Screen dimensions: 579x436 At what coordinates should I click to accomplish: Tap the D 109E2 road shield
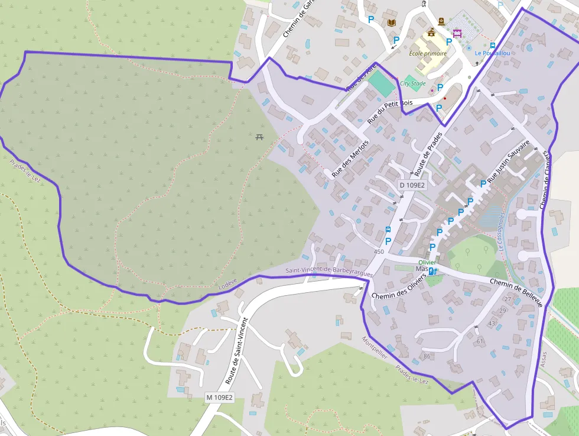coord(412,185)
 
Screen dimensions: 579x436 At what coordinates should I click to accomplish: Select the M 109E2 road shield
coord(219,397)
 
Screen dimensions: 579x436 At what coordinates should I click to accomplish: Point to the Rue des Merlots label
coord(350,159)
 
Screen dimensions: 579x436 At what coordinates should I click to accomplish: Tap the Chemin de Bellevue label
coord(516,292)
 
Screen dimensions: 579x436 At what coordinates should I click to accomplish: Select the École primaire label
coord(428,53)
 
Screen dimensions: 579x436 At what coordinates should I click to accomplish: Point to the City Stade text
coord(412,83)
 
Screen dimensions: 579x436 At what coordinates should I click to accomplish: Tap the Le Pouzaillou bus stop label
coord(492,53)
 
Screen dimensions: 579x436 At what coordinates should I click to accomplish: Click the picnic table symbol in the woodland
coord(259,137)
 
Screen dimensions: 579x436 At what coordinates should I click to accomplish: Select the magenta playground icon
coord(457,33)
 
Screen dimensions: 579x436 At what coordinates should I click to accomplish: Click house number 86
coord(427,356)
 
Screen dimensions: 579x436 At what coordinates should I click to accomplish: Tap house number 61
coord(479,341)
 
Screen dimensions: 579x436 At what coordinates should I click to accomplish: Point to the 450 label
coord(379,251)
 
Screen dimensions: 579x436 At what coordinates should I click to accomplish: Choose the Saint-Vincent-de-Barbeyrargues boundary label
coord(329,272)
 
